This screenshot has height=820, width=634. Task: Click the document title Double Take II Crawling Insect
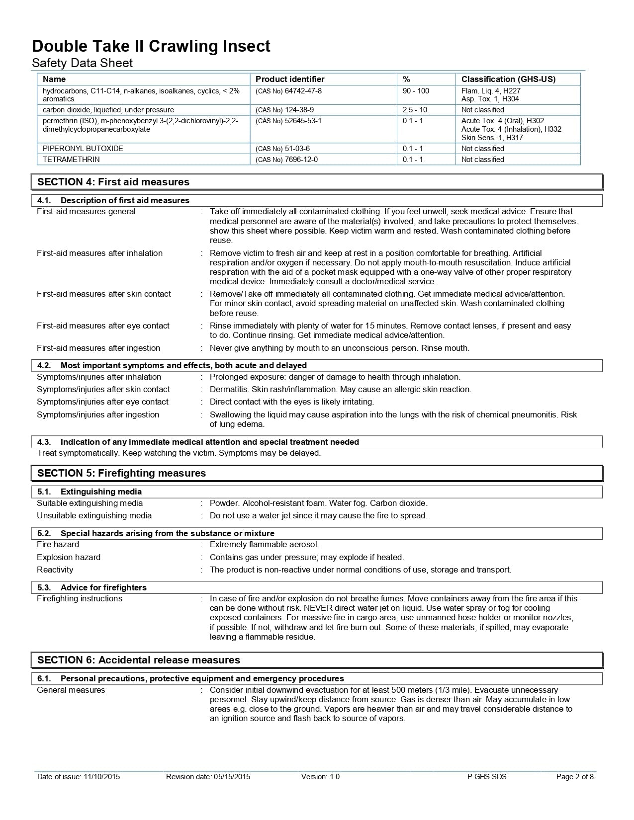[x=151, y=46]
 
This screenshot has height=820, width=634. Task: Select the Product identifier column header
[x=289, y=79]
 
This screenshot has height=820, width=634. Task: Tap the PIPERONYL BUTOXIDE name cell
[x=83, y=149]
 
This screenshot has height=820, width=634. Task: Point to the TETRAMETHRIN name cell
[x=71, y=160]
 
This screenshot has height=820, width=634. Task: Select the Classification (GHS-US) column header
[x=508, y=79]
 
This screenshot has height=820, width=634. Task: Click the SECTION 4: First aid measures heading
[x=113, y=182]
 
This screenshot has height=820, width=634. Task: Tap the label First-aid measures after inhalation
[x=99, y=253]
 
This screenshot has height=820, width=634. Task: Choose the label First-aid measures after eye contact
[x=103, y=326]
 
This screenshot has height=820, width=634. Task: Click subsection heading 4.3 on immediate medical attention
[x=198, y=442]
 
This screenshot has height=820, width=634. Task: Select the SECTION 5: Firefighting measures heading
[x=121, y=473]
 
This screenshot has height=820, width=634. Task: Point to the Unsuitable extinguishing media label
[x=94, y=515]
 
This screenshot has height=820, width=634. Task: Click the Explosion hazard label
[x=69, y=557]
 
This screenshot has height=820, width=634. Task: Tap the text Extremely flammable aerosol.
[x=264, y=544]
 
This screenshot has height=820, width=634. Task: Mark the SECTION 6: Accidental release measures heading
[x=138, y=660]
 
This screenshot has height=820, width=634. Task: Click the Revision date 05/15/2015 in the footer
[x=208, y=777]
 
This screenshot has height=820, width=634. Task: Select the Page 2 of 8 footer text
[x=574, y=777]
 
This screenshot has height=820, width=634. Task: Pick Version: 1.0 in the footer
[x=320, y=777]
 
